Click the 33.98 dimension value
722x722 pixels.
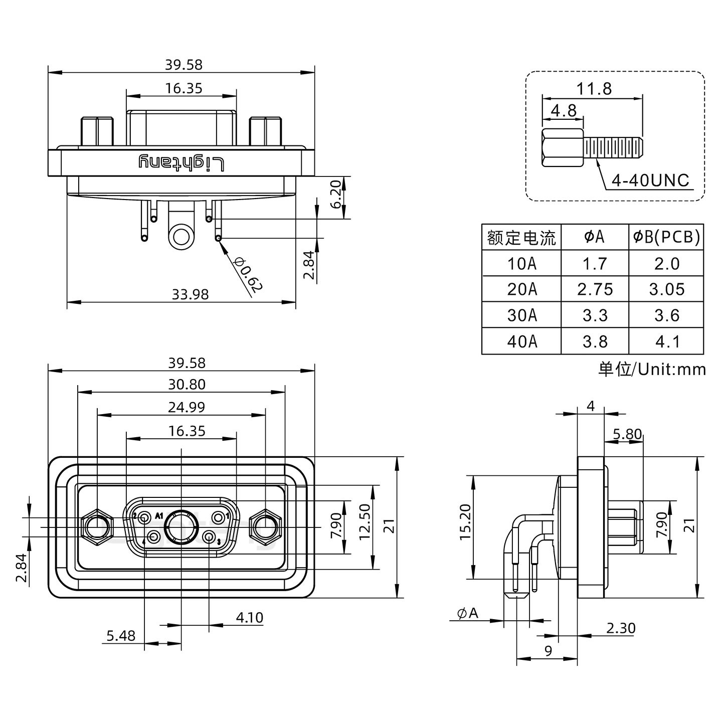coord(190,294)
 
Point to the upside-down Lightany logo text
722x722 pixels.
coord(181,162)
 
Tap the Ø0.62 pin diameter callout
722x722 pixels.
coord(248,275)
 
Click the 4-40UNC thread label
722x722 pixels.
coord(651,180)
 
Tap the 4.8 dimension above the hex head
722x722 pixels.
coord(564,110)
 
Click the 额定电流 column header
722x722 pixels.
coord(521,237)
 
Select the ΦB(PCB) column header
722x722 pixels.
coord(666,237)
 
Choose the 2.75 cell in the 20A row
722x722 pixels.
coord(595,289)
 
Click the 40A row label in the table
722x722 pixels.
coord(521,341)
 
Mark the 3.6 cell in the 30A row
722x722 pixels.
coord(666,315)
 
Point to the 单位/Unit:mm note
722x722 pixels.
coord(652,370)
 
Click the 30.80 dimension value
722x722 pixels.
coord(187,385)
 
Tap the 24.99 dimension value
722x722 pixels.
coord(186,407)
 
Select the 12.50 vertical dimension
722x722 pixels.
coord(365,522)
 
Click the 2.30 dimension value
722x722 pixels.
coord(620,628)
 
